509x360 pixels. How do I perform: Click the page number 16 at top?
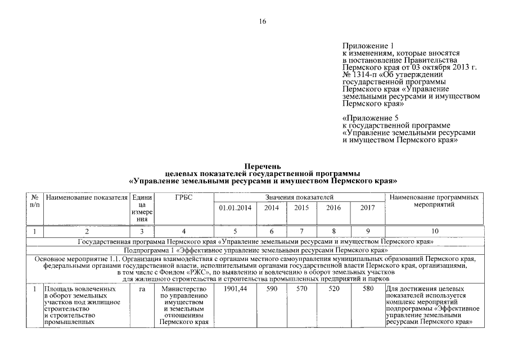[262, 21]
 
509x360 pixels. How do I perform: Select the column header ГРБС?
[184, 198]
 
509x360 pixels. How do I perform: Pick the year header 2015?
[301, 208]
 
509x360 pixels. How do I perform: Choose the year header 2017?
[367, 208]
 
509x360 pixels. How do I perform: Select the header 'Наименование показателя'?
[87, 198]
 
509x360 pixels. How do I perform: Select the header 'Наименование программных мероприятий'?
[434, 201]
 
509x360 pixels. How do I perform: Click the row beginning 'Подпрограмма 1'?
[255, 249]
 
